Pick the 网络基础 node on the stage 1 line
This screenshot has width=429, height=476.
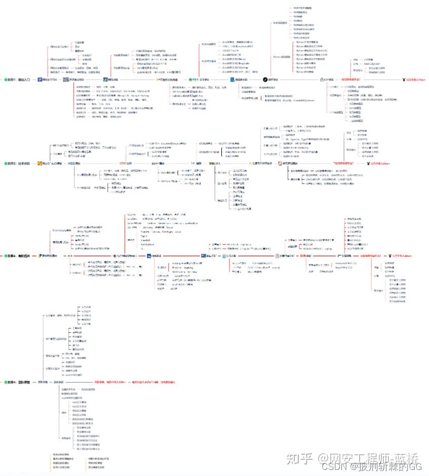tap(112, 80)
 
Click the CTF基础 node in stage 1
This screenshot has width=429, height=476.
tap(328, 80)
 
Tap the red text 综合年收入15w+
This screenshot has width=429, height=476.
tap(415, 80)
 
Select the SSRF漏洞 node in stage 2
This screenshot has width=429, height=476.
tap(159, 164)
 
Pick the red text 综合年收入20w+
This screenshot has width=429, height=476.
tap(378, 164)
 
